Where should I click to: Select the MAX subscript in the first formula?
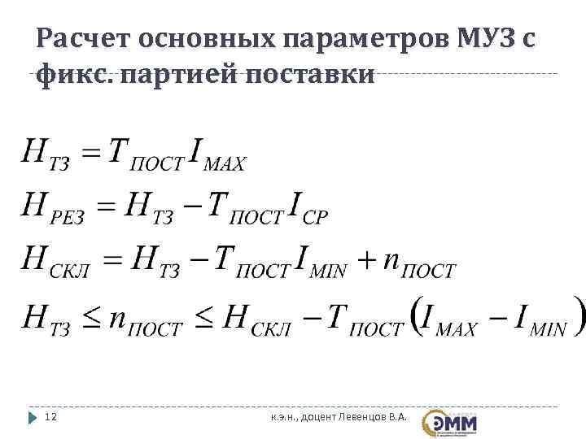[224, 164]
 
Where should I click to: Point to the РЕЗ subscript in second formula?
[69, 217]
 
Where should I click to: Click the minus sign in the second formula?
[193, 206]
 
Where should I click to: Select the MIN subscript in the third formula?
[330, 272]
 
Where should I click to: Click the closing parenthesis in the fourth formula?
[578, 315]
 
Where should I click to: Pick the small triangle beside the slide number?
[33, 417]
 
